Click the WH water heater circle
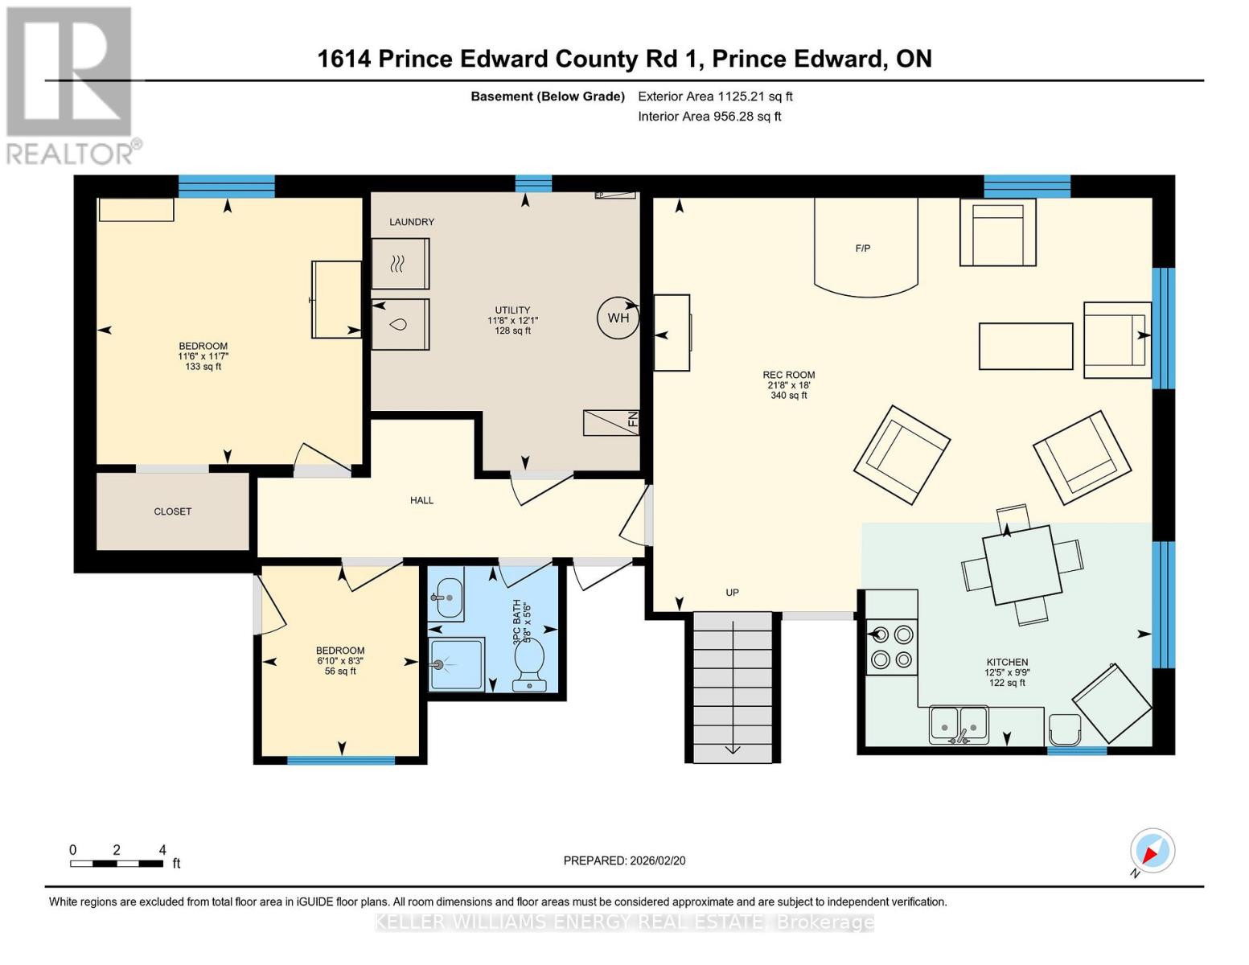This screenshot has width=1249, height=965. [618, 318]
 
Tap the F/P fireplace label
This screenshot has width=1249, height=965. [862, 248]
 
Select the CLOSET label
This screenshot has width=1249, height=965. [173, 511]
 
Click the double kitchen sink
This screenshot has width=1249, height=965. [959, 725]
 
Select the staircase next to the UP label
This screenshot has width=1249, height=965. [733, 687]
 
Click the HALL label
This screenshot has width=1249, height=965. [421, 500]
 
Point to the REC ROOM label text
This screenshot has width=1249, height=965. [789, 375]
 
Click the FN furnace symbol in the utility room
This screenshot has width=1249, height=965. [611, 422]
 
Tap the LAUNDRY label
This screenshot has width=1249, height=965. [412, 222]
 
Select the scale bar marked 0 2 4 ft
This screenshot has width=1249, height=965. [117, 864]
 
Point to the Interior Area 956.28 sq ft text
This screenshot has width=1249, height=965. [709, 117]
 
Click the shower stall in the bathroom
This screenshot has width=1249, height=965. [457, 664]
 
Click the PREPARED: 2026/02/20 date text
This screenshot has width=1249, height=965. [624, 860]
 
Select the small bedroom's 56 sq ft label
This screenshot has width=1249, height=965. [340, 671]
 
